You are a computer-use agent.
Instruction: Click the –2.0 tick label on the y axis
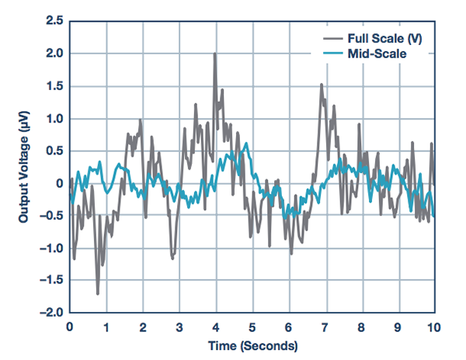50,313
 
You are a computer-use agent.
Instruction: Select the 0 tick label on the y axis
59,183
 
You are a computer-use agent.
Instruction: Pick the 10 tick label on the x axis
435,328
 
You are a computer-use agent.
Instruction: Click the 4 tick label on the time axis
216,328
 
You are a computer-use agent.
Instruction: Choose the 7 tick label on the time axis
325,328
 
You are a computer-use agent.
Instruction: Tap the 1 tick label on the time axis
106,328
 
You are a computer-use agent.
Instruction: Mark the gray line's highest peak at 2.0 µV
215,54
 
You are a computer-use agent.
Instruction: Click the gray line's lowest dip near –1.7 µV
98,293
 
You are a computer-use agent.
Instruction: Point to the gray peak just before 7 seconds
321,85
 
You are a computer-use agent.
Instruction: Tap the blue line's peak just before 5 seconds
246,144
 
